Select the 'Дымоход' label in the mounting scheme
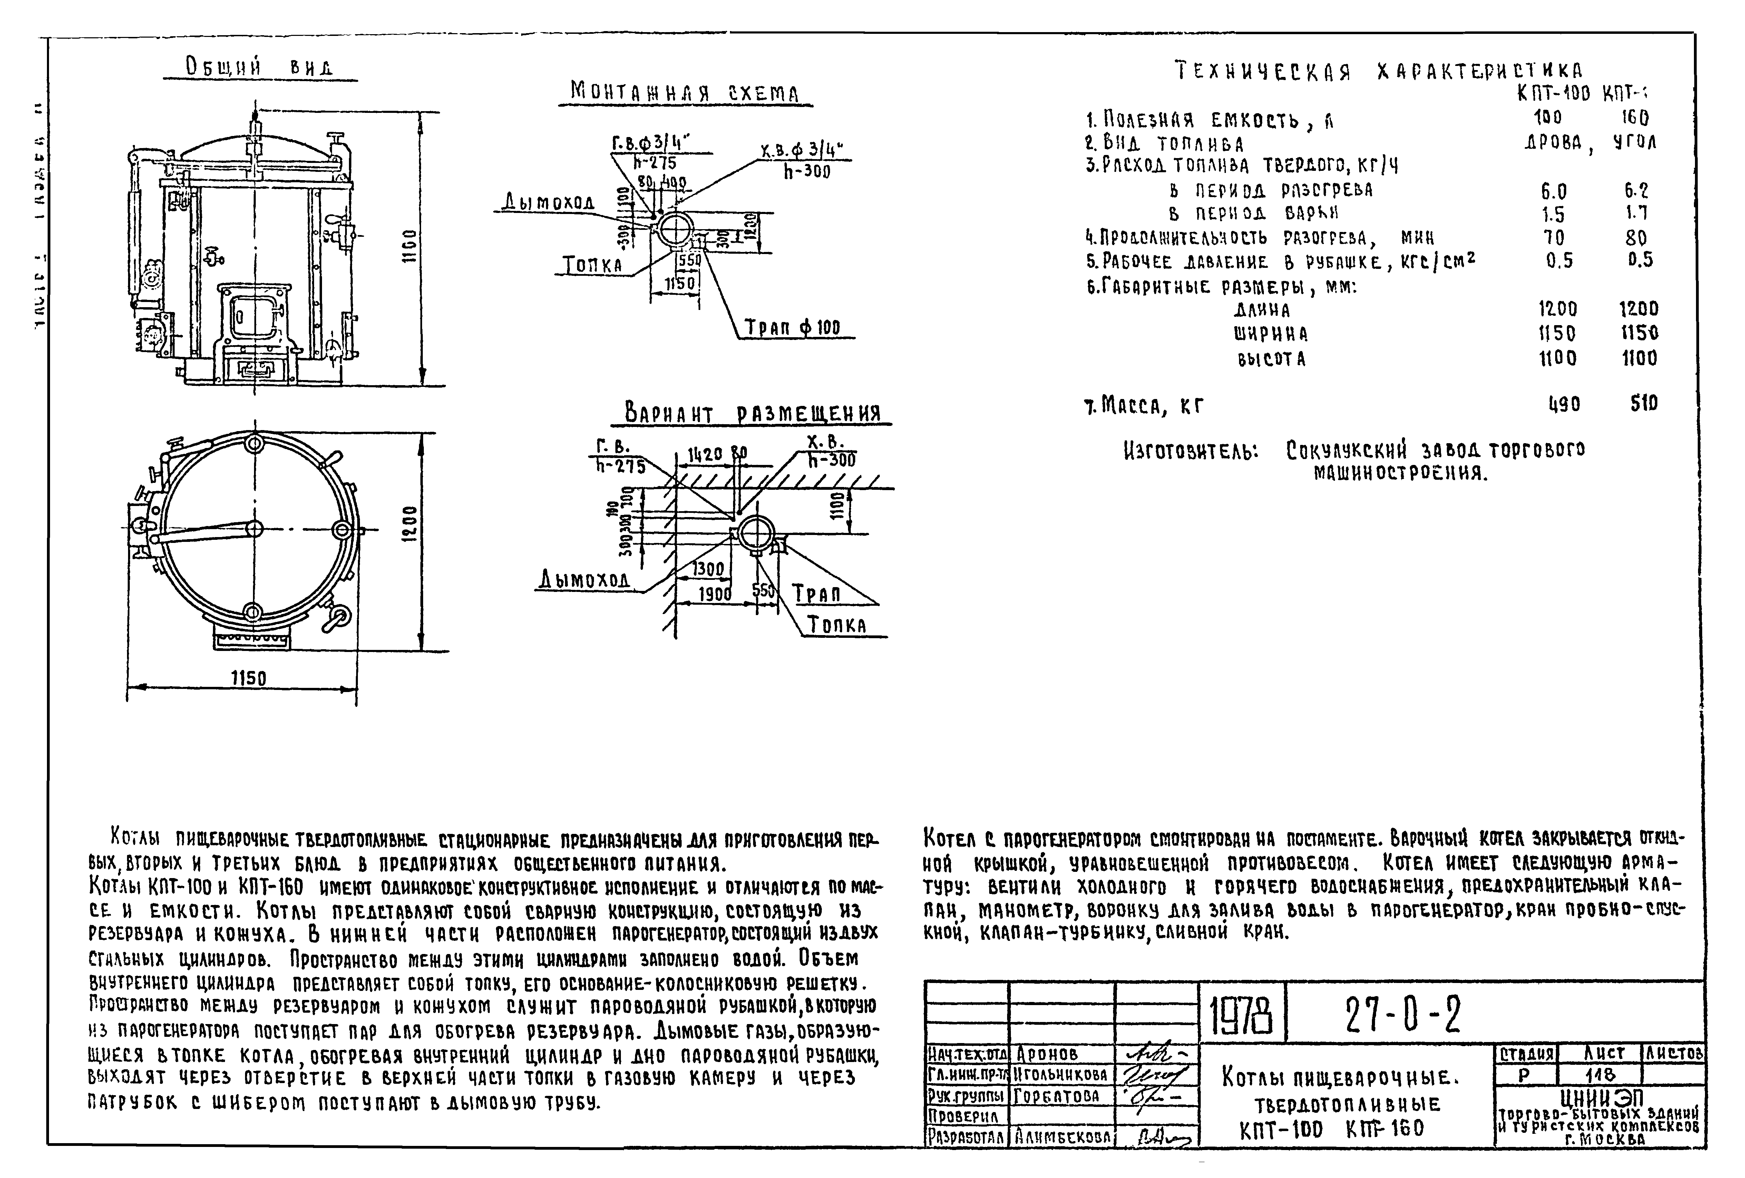pos(549,202)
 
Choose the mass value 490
pos(1564,405)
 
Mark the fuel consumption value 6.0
pos(1553,191)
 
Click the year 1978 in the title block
pos(1242,1015)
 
